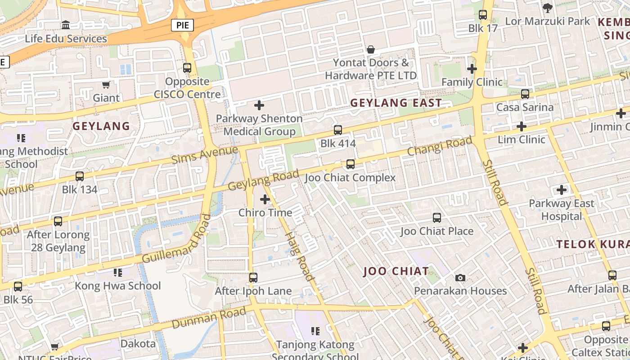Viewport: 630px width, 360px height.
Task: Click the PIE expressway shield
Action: point(182,25)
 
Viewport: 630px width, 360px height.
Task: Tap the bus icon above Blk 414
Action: point(338,130)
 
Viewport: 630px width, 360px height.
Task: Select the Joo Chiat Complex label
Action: point(350,178)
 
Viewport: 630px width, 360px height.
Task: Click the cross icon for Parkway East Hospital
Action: point(562,190)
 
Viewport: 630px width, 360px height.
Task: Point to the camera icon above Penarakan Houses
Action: point(460,278)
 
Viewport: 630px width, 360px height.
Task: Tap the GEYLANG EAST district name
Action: point(396,103)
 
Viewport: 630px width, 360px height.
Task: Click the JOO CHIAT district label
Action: point(396,271)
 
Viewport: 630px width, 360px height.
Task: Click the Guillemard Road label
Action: point(177,239)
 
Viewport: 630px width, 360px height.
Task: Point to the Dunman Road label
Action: point(209,318)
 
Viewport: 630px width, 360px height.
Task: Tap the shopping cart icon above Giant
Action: point(106,84)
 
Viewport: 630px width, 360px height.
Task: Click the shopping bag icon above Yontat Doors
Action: point(371,49)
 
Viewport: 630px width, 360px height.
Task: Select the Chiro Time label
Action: point(265,212)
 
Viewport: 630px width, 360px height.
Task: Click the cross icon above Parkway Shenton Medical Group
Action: point(259,105)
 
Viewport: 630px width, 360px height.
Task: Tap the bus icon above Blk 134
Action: point(80,176)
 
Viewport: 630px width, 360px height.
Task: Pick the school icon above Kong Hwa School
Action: point(117,272)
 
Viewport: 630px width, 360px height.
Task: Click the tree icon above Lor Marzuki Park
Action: point(547,8)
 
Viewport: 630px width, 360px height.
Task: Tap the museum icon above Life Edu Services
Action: point(66,25)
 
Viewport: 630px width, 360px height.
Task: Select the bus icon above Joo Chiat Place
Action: point(436,218)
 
